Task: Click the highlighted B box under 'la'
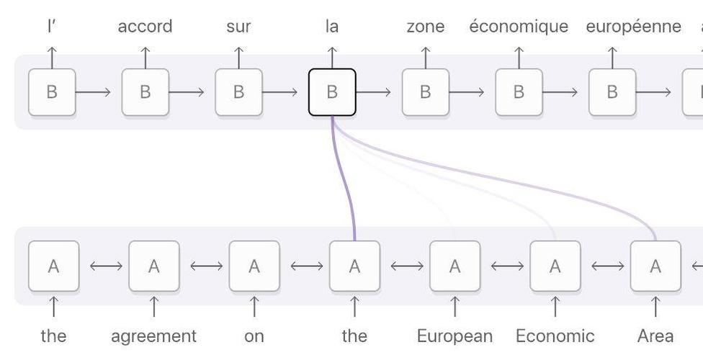pos(332,92)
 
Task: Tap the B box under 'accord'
pos(145,92)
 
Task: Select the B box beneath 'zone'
pos(425,92)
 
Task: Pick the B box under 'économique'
pos(519,92)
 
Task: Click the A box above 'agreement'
pos(153,266)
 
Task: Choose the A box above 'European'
pos(455,266)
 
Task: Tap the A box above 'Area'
pos(655,266)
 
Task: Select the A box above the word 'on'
pos(254,266)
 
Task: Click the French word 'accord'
pos(145,27)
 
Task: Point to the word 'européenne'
pos(633,27)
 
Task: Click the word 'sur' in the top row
pos(238,27)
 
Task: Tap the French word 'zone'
pos(425,27)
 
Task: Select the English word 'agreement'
pos(153,336)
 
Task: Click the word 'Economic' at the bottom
pos(555,336)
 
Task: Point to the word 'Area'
pos(655,336)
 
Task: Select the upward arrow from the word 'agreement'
pos(153,307)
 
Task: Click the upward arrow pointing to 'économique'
pos(519,56)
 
